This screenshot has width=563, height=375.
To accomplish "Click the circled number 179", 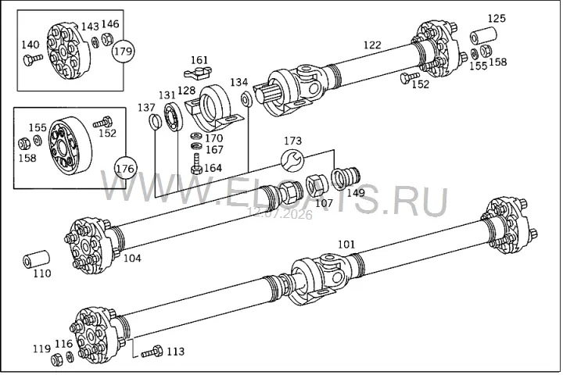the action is (124, 51).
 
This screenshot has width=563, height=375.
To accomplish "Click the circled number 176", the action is (125, 168).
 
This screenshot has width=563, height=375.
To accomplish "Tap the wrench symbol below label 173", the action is (292, 159).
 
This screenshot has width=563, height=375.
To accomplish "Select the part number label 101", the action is (346, 245).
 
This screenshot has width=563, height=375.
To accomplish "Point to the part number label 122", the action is (372, 45).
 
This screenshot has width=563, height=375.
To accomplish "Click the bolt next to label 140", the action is (33, 59).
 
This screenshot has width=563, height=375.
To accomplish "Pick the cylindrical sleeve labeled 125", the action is (484, 34).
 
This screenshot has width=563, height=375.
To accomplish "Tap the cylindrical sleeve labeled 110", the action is (36, 259).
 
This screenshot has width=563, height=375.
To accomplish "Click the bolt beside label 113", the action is (152, 352).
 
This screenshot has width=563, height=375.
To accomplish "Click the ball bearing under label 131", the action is (174, 116).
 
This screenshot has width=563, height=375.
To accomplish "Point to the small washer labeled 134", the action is (246, 99).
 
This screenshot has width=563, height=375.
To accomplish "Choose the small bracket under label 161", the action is (198, 72).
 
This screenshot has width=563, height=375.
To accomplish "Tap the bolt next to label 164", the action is (196, 164).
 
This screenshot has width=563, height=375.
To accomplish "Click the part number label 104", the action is (132, 258).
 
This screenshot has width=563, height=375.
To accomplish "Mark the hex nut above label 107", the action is (315, 185).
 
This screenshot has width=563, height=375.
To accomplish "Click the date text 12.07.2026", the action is (281, 215).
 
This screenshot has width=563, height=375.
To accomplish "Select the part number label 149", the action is (356, 193).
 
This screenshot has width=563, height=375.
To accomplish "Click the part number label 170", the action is (214, 138).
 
